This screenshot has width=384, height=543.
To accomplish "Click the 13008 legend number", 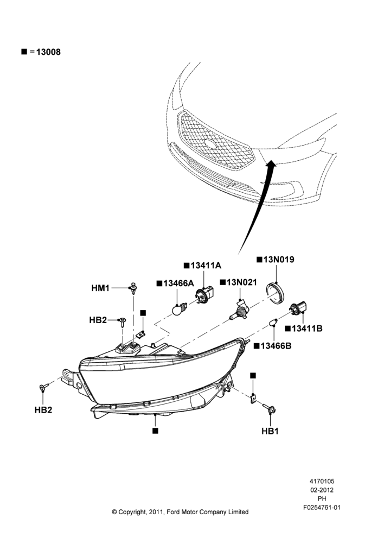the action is (48, 52).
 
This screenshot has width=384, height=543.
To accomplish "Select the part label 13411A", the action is (206, 266).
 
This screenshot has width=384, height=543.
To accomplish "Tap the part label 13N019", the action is (279, 260).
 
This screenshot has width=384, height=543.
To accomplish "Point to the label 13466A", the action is (178, 283).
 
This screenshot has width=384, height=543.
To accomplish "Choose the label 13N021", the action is (242, 282).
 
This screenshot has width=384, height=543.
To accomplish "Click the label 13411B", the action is (307, 329).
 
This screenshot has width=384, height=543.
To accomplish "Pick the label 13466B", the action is (276, 345).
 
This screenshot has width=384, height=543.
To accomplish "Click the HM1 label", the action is (100, 288).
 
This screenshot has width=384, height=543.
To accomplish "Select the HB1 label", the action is (270, 431).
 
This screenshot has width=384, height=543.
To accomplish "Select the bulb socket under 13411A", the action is (204, 295).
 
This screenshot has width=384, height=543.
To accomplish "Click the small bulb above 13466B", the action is (273, 323).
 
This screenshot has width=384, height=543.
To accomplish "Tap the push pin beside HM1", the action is (133, 288).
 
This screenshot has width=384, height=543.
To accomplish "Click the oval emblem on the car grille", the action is (210, 144).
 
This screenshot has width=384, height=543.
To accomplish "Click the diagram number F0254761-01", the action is (322, 508).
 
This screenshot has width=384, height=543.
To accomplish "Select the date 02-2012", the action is (322, 490).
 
